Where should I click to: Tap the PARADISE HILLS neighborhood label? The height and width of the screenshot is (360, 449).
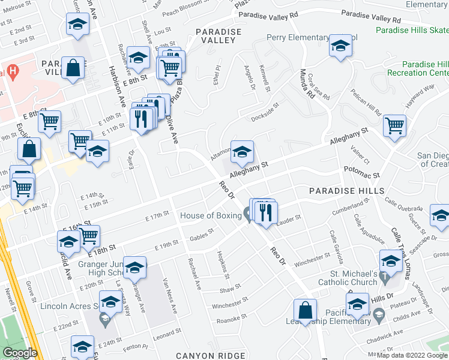(x=346, y=190)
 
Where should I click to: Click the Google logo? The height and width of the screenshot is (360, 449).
(x=20, y=353)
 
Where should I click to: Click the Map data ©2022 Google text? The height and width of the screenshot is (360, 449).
(x=411, y=355)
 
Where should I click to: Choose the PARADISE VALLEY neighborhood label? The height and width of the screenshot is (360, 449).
(x=218, y=36)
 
